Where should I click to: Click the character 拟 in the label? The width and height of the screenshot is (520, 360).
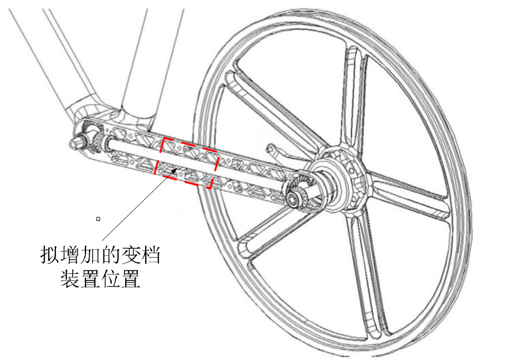point(50,255)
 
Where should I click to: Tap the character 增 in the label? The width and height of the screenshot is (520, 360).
point(70,255)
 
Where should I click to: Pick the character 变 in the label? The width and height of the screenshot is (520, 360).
point(131,255)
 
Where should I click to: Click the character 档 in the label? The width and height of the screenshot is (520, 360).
point(151,255)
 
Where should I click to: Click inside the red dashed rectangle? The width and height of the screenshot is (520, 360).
point(186,163)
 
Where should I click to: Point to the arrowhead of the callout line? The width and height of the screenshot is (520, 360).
point(174,170)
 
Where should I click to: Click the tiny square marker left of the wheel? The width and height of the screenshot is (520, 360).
point(98,219)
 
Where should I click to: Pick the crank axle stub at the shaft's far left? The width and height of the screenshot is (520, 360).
point(78,141)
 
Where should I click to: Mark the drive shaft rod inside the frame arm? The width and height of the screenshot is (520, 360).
point(196,161)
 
